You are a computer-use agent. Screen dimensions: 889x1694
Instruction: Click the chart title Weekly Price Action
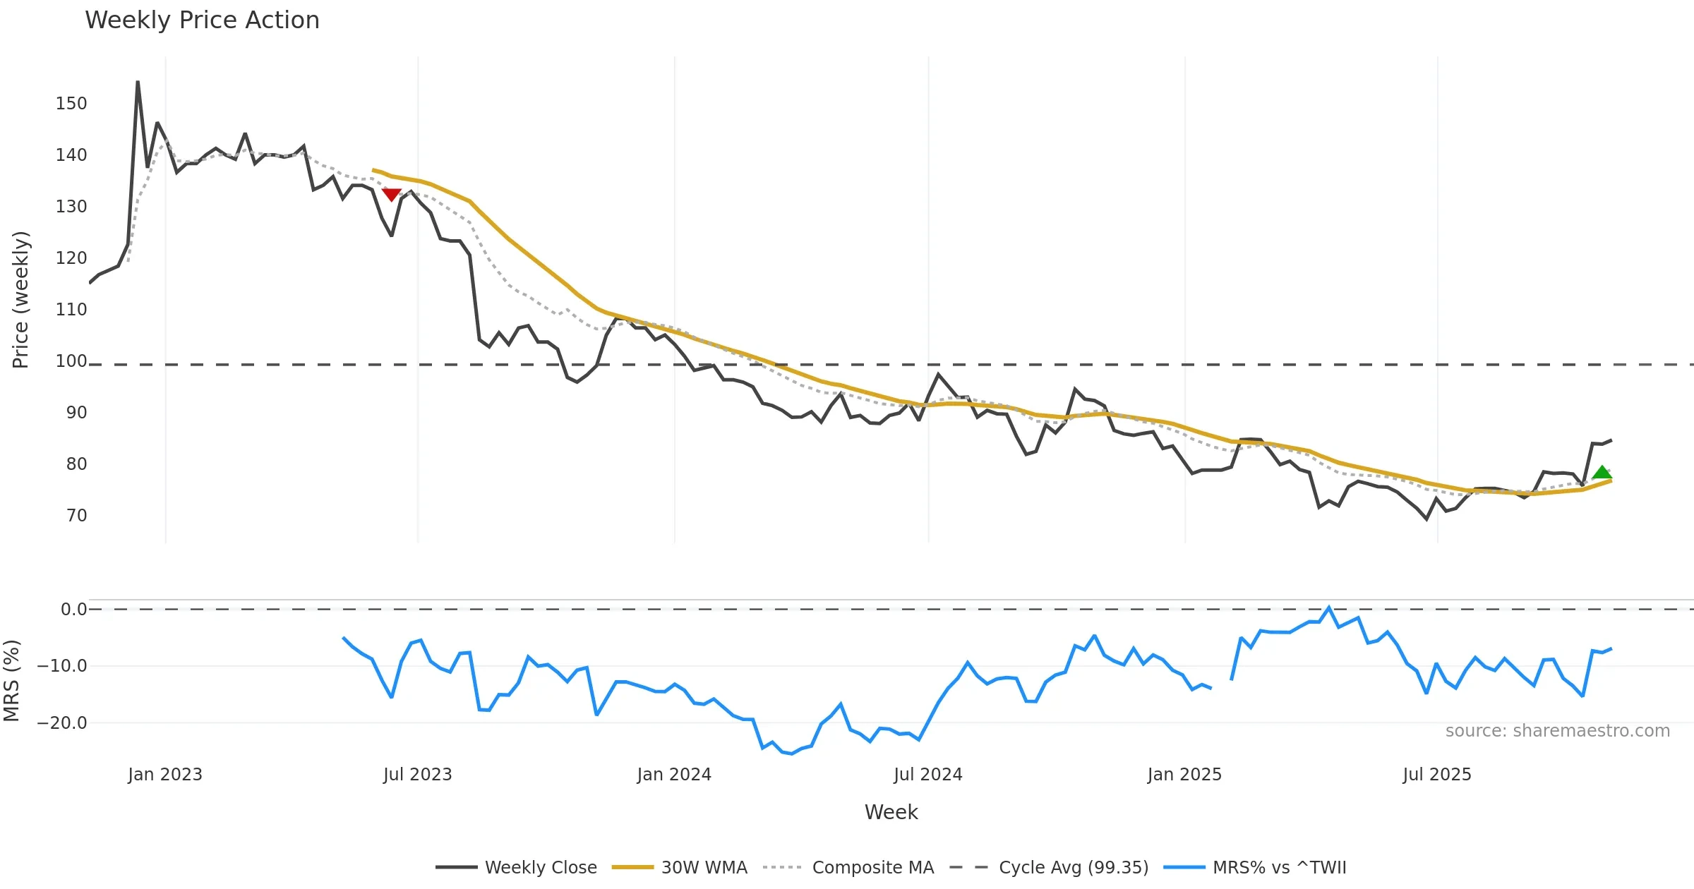pos(202,20)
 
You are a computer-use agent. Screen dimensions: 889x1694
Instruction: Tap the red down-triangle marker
pos(391,194)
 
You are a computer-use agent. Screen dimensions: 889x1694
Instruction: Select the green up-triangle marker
pos(1602,473)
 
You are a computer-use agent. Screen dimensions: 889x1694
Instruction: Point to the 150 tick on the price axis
pos(71,104)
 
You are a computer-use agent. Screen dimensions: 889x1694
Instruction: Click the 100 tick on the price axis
pos(71,361)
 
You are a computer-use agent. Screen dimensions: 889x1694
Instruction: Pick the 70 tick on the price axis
pos(76,516)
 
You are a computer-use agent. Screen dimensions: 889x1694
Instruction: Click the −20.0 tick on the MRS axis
pos(62,723)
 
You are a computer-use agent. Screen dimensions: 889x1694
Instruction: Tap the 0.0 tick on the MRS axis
pos(73,610)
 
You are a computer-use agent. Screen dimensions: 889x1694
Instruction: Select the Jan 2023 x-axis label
pos(165,775)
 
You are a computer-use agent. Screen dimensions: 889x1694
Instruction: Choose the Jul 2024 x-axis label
pos(927,775)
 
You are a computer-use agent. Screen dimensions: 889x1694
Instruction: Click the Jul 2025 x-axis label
pos(1437,775)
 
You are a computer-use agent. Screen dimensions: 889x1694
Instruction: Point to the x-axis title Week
pos(891,813)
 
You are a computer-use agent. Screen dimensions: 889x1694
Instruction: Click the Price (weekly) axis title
pos(20,300)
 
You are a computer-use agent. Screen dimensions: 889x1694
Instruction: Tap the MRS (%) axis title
pos(11,681)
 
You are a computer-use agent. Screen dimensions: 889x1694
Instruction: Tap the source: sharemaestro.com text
pos(1557,731)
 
